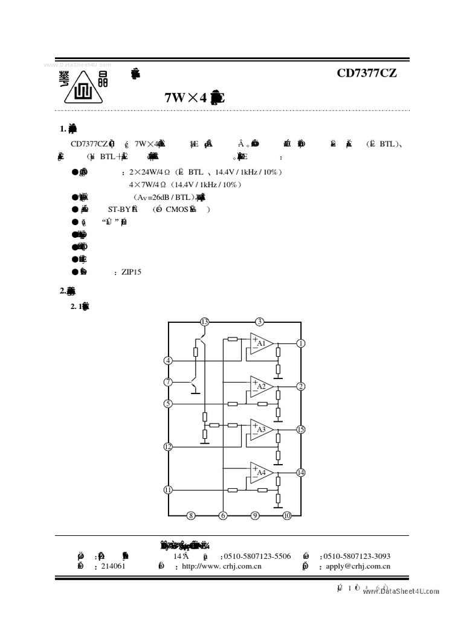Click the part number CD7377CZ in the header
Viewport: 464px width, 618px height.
[x=367, y=74]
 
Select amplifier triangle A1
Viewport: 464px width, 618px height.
[x=260, y=343]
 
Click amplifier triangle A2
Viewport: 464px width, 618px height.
[x=260, y=386]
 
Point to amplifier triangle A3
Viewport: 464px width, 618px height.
[x=260, y=429]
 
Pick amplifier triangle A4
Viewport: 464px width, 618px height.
[x=260, y=472]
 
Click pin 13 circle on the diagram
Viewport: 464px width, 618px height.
[x=205, y=321]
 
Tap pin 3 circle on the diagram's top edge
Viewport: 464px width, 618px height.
[x=259, y=321]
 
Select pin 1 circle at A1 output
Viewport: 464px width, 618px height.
[x=301, y=343]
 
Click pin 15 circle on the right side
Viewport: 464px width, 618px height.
[x=301, y=429]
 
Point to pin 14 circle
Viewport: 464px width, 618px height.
[x=301, y=472]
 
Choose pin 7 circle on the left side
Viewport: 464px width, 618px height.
[x=168, y=381]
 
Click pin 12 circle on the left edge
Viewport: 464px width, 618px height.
[x=168, y=447]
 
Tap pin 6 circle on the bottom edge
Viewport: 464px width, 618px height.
[x=223, y=515]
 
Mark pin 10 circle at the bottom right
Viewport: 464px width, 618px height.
[x=287, y=515]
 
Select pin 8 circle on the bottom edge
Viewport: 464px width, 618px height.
[x=191, y=515]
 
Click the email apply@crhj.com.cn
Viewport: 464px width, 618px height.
[x=358, y=566]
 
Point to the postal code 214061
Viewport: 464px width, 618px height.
[x=113, y=566]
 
